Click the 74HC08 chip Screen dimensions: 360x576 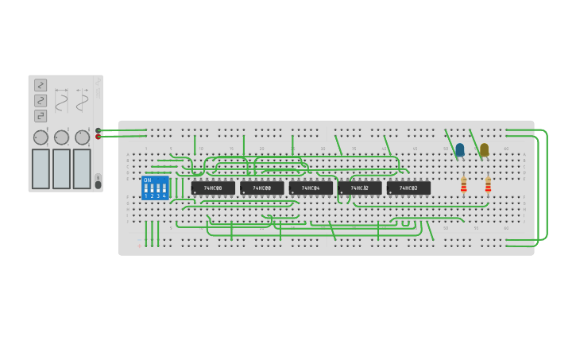point(213,188)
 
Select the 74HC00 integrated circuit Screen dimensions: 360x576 point(262,188)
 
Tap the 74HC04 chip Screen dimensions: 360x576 point(311,188)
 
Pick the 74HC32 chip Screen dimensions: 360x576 point(360,188)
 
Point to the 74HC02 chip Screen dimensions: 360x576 point(408,188)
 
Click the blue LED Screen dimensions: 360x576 point(459,149)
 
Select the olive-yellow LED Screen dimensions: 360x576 point(484,149)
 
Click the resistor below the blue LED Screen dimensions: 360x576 point(464,185)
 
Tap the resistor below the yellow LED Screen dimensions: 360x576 point(488,185)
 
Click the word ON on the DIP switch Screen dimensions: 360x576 point(148,180)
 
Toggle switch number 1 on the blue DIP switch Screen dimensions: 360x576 point(146,190)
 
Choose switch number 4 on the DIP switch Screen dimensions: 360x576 point(164,190)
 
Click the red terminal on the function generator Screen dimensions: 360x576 point(99,137)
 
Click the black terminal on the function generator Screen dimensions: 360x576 point(99,130)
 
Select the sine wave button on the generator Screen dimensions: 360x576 point(41,101)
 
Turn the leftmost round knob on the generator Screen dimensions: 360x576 point(41,137)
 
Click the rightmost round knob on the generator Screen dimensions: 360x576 point(82,137)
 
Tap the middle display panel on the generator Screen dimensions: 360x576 point(61,168)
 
